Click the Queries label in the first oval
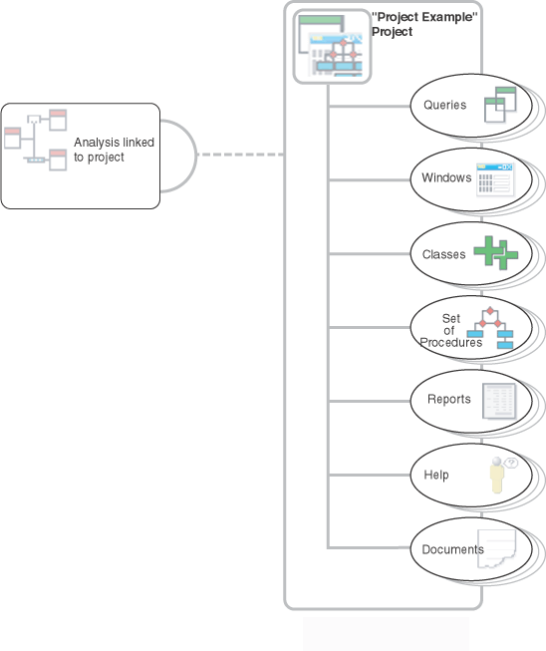coord(444,105)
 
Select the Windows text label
coord(446,177)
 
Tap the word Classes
coord(443,254)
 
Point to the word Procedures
coord(451,343)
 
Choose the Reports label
coord(449,399)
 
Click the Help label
coord(436,475)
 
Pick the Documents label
coord(452,549)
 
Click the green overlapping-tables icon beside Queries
coord(500,105)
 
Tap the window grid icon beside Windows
coord(494,179)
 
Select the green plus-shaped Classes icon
coord(496,253)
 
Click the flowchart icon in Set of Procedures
coord(490,328)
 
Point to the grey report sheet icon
coord(499,401)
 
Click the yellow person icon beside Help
coord(497,476)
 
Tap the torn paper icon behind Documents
coord(496,548)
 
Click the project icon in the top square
coord(332,46)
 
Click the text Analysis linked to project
coord(114,150)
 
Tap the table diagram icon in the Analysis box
coord(35,140)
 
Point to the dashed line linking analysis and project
coord(240,155)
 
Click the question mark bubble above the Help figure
coord(511,463)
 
